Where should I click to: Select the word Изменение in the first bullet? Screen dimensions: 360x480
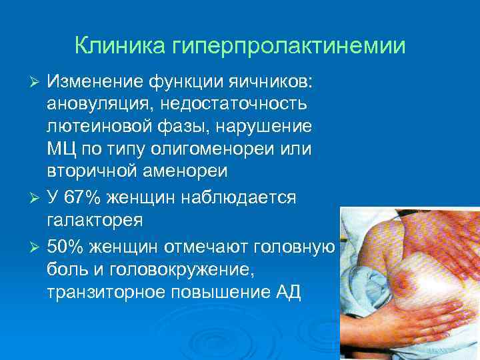click(93, 81)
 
